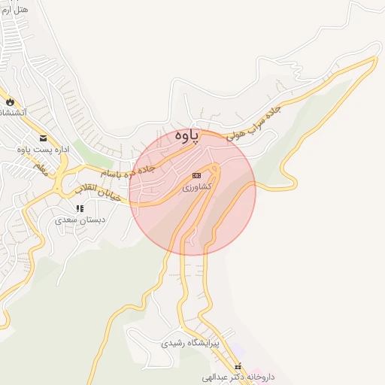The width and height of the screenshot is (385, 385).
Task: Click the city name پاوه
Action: click(187, 135)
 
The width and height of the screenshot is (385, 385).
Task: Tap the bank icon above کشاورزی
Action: click(197, 174)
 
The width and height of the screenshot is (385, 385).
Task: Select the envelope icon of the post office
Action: click(44, 138)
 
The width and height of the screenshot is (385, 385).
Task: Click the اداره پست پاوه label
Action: click(43, 150)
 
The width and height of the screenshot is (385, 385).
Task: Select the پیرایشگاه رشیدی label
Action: click(189, 343)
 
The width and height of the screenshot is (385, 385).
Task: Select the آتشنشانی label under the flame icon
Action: click(11, 112)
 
